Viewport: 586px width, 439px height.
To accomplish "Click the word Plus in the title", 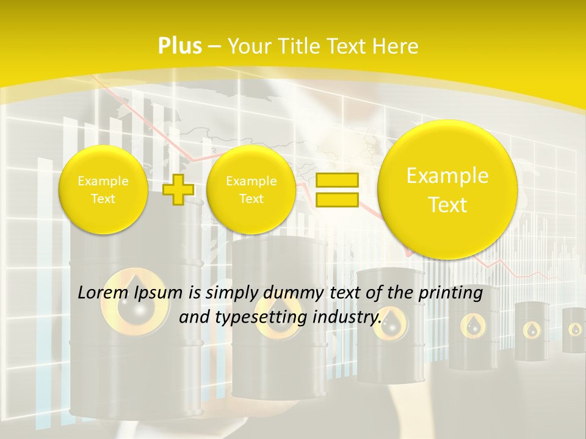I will tap(179, 46).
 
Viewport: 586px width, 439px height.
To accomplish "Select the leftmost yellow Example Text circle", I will tap(103, 190).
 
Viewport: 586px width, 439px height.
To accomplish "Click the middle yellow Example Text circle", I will tap(251, 190).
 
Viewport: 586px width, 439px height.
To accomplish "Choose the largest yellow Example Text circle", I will tap(447, 190).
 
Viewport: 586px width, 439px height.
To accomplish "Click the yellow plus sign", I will tap(178, 190).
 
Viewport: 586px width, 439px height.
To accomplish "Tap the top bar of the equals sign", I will tap(336, 180).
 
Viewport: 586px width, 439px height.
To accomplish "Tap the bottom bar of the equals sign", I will tap(336, 199).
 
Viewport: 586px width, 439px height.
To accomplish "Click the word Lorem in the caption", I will tap(104, 293).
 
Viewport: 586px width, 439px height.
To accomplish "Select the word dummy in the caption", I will tap(286, 293).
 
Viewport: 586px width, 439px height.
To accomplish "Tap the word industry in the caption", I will tap(347, 318).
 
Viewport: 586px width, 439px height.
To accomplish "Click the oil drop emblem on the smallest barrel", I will tap(575, 330).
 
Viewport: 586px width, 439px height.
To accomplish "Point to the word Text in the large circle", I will tap(447, 205).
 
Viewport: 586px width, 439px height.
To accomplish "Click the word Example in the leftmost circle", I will tap(103, 181).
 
